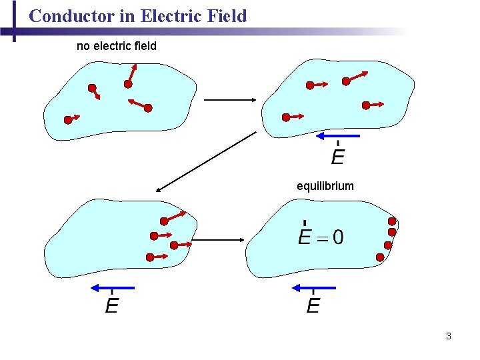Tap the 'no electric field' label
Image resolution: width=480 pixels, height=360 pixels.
pyautogui.click(x=117, y=46)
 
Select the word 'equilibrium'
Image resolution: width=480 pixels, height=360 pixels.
pyautogui.click(x=325, y=186)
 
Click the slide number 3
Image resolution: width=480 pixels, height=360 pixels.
pyautogui.click(x=449, y=336)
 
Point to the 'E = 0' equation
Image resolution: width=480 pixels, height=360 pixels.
pyautogui.click(x=321, y=237)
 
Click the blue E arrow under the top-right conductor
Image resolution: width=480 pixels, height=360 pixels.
pyautogui.click(x=337, y=136)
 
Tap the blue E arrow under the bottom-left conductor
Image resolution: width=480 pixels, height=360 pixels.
pyautogui.click(x=112, y=287)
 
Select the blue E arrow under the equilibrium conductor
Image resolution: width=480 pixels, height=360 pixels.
pyautogui.click(x=313, y=287)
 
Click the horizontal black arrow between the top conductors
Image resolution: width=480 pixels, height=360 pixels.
pyautogui.click(x=230, y=100)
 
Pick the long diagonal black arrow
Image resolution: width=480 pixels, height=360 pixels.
pyautogui.click(x=206, y=161)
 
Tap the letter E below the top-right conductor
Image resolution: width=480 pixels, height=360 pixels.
pyautogui.click(x=338, y=157)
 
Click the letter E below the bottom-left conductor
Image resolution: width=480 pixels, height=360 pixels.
pyautogui.click(x=112, y=307)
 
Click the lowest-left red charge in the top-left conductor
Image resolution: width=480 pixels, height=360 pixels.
pyautogui.click(x=68, y=120)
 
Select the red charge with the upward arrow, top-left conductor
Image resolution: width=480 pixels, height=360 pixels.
pyautogui.click(x=127, y=84)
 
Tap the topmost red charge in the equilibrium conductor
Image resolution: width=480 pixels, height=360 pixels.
pyautogui.click(x=392, y=221)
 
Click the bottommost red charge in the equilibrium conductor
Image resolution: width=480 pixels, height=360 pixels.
pyautogui.click(x=379, y=257)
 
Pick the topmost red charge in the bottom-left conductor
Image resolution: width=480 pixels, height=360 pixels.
pyautogui.click(x=164, y=221)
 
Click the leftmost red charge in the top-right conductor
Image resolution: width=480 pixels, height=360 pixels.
pyautogui.click(x=286, y=117)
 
